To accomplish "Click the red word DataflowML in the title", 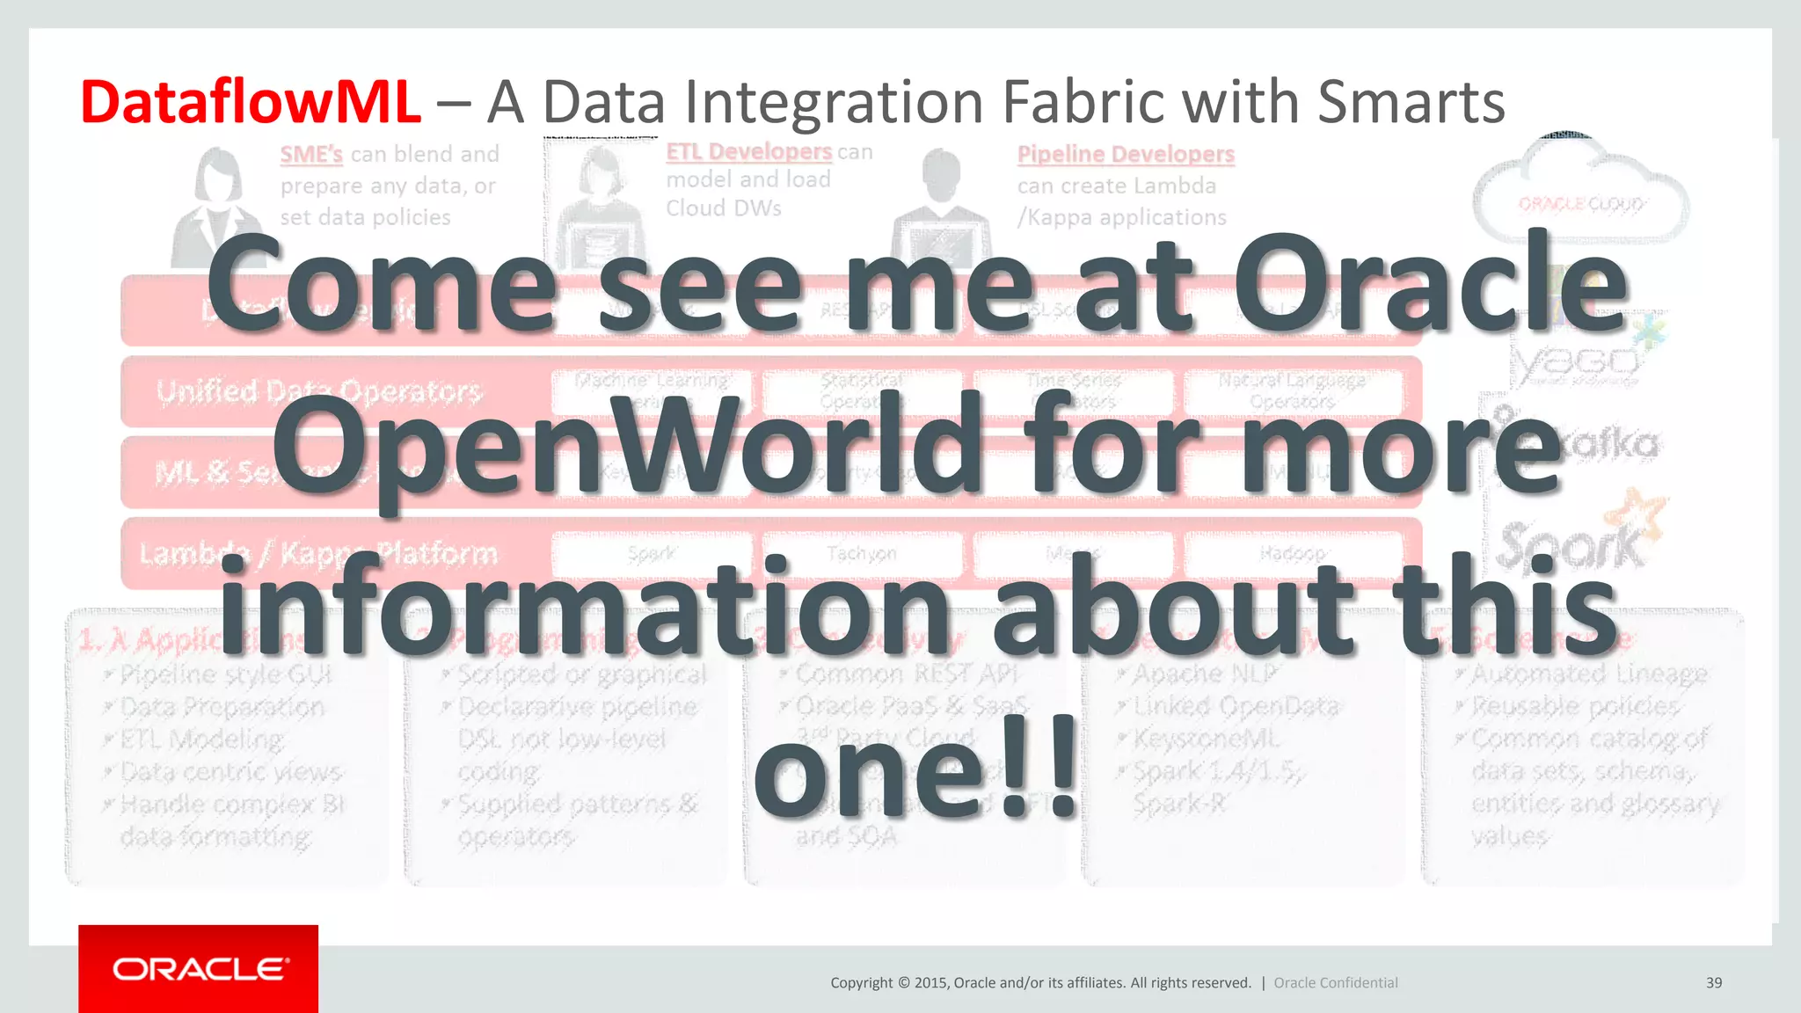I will coord(251,103).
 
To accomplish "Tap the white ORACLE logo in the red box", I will coord(199,969).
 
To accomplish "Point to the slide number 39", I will coord(1713,983).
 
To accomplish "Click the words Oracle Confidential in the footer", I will coord(1335,983).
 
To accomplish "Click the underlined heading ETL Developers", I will coord(748,152).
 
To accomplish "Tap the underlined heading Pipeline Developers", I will coord(1126,155).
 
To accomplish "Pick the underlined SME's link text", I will coord(311,155).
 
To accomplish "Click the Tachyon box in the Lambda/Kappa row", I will coord(862,554).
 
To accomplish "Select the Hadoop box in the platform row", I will coord(1292,554).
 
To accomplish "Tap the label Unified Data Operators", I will coord(318,391).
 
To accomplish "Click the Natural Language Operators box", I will coord(1292,390).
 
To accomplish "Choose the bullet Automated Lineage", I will coord(1589,674).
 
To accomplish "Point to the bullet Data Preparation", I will coord(222,707).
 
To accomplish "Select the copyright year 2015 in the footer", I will coord(931,983).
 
